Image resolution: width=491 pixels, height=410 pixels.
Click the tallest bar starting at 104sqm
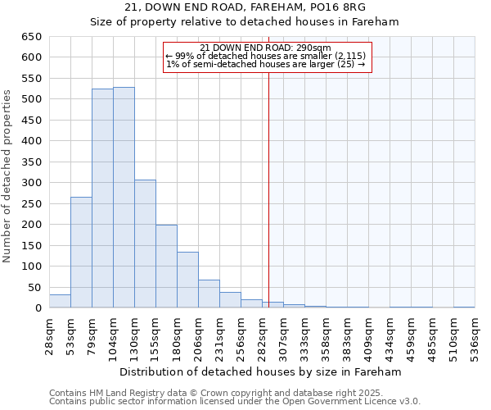124,198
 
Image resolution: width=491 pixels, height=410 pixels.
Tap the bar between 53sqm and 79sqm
81,253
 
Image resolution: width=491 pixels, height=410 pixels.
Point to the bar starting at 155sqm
166,266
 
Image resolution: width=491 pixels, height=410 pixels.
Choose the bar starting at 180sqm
187,280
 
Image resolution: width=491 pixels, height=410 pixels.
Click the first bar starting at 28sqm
60,301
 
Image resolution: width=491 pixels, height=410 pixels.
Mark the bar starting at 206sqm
209,294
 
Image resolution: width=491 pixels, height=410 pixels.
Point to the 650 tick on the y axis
32,37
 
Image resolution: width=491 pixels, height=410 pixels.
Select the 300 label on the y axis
32,183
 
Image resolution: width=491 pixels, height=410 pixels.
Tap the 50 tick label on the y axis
34,287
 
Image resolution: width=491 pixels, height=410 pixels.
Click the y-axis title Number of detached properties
8,176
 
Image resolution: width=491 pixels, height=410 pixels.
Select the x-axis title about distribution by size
261,371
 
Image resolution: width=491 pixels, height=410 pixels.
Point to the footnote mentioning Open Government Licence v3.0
235,402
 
